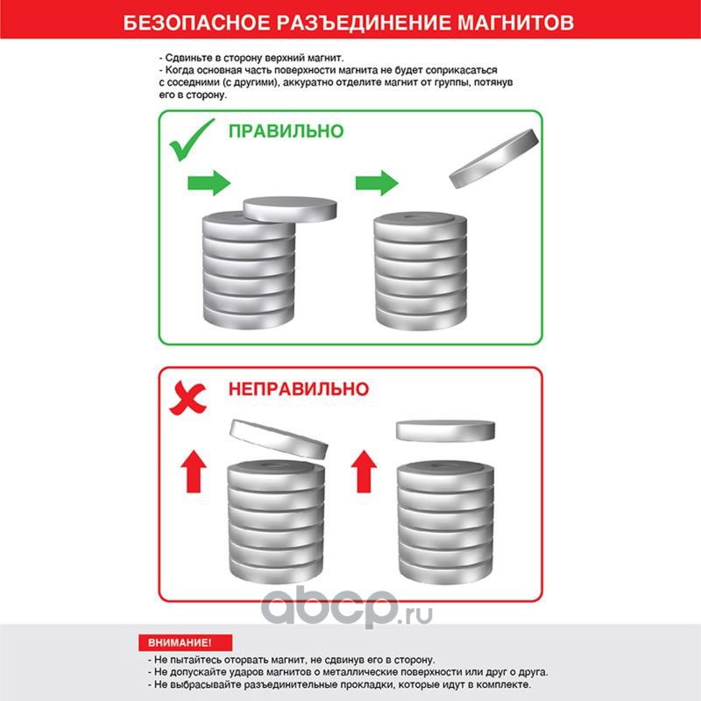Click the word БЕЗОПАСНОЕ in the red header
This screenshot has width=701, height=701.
coord(196,23)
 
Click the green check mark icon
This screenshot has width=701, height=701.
coord(192,139)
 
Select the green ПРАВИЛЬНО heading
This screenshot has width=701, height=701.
coord(287,131)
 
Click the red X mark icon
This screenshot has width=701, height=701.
coord(188,398)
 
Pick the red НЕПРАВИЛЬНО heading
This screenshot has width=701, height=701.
coord(299,389)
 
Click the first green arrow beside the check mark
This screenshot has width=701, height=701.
coord(209,182)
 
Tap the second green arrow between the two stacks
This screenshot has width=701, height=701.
coord(377,182)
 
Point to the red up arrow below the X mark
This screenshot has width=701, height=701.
coord(194,471)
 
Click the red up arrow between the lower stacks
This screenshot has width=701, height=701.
coord(364,471)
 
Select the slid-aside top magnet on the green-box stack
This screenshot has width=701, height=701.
coord(290,209)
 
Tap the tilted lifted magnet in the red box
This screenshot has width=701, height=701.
coord(279,440)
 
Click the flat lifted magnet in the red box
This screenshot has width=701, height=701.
coord(446,430)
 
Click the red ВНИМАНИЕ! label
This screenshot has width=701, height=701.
coord(185,642)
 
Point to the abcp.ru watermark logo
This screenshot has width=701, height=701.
coord(346,608)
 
